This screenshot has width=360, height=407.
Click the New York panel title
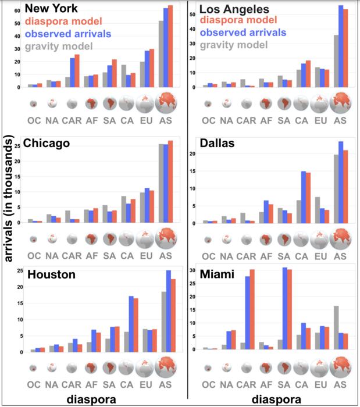click(x=51, y=9)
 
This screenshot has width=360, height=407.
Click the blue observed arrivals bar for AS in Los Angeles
click(x=341, y=47)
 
